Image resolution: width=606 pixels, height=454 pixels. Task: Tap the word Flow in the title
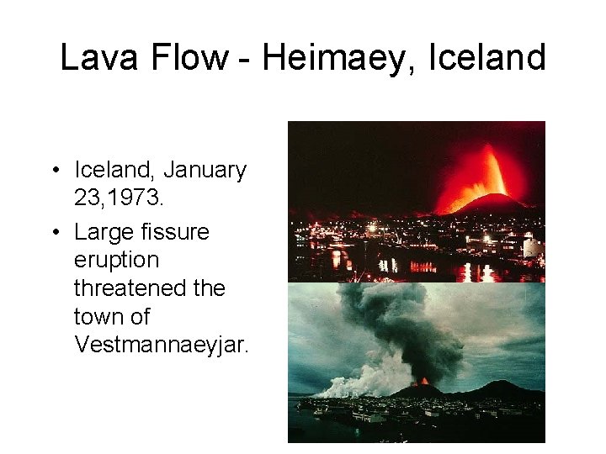tap(185, 58)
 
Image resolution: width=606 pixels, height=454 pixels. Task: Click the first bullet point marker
tap(54, 171)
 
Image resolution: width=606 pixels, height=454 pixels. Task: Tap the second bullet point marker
tap(54, 232)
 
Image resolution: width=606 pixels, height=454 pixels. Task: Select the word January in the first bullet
tap(205, 170)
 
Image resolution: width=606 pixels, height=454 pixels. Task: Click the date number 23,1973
tap(118, 199)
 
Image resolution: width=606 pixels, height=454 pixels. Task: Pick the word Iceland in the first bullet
tap(114, 170)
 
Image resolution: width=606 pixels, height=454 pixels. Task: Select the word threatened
tap(135, 288)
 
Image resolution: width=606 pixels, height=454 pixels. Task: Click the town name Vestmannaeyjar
tap(161, 346)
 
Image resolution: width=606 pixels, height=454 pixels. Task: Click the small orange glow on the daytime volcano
tap(423, 382)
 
